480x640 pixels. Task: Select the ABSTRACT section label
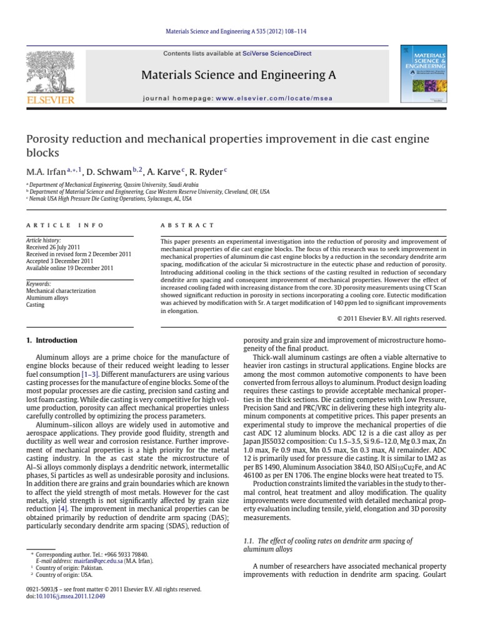click(187, 225)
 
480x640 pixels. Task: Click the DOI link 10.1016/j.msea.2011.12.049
click(72, 596)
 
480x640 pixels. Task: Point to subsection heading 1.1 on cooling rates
click(327, 544)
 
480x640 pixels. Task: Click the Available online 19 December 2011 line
click(69, 268)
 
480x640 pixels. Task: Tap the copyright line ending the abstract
click(392, 318)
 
